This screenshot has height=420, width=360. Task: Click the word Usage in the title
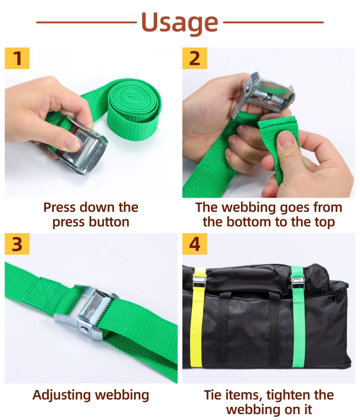click(x=180, y=22)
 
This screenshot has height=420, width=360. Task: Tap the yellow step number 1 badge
click(x=17, y=58)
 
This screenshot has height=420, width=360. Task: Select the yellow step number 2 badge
click(x=195, y=58)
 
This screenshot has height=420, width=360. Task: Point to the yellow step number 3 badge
click(x=17, y=244)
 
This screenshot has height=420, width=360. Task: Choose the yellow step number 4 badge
click(x=195, y=244)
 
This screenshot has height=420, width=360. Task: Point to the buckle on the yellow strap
click(x=200, y=280)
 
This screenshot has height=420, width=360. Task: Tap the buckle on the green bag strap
click(x=298, y=282)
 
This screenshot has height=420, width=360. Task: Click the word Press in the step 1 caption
click(x=59, y=207)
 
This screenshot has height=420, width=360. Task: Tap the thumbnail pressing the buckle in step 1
click(x=72, y=142)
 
